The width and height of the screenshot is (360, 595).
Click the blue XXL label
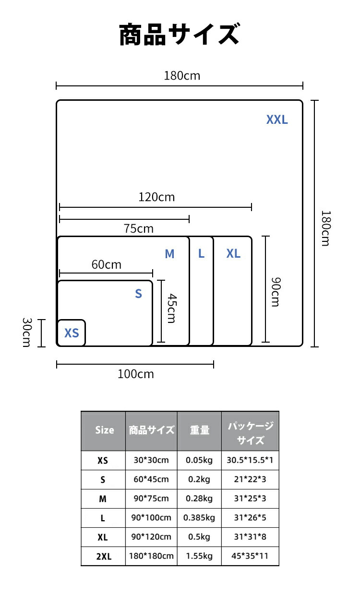(277, 119)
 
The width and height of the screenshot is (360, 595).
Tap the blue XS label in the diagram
(72, 333)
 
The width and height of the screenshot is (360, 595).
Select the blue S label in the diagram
(138, 294)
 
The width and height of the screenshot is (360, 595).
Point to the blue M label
(169, 254)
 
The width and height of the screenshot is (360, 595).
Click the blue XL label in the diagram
(233, 253)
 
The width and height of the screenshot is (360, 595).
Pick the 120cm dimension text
(157, 197)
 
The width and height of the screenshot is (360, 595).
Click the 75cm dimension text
(138, 228)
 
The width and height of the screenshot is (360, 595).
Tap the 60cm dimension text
(106, 264)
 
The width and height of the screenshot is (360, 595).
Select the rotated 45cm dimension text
(172, 308)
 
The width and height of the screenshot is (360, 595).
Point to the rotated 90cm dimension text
(276, 292)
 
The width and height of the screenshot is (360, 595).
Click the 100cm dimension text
(136, 374)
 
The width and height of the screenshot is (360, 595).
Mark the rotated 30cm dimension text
(27, 333)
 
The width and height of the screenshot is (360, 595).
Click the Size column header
(105, 430)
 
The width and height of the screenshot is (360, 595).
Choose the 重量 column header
(200, 430)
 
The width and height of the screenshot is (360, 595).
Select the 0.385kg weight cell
(199, 517)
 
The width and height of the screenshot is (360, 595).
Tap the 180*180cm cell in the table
(151, 556)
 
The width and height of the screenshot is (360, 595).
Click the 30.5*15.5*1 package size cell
(250, 460)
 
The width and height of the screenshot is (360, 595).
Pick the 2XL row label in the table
(104, 556)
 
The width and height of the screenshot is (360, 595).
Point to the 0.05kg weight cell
(199, 460)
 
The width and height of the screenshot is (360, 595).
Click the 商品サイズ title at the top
(180, 34)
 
